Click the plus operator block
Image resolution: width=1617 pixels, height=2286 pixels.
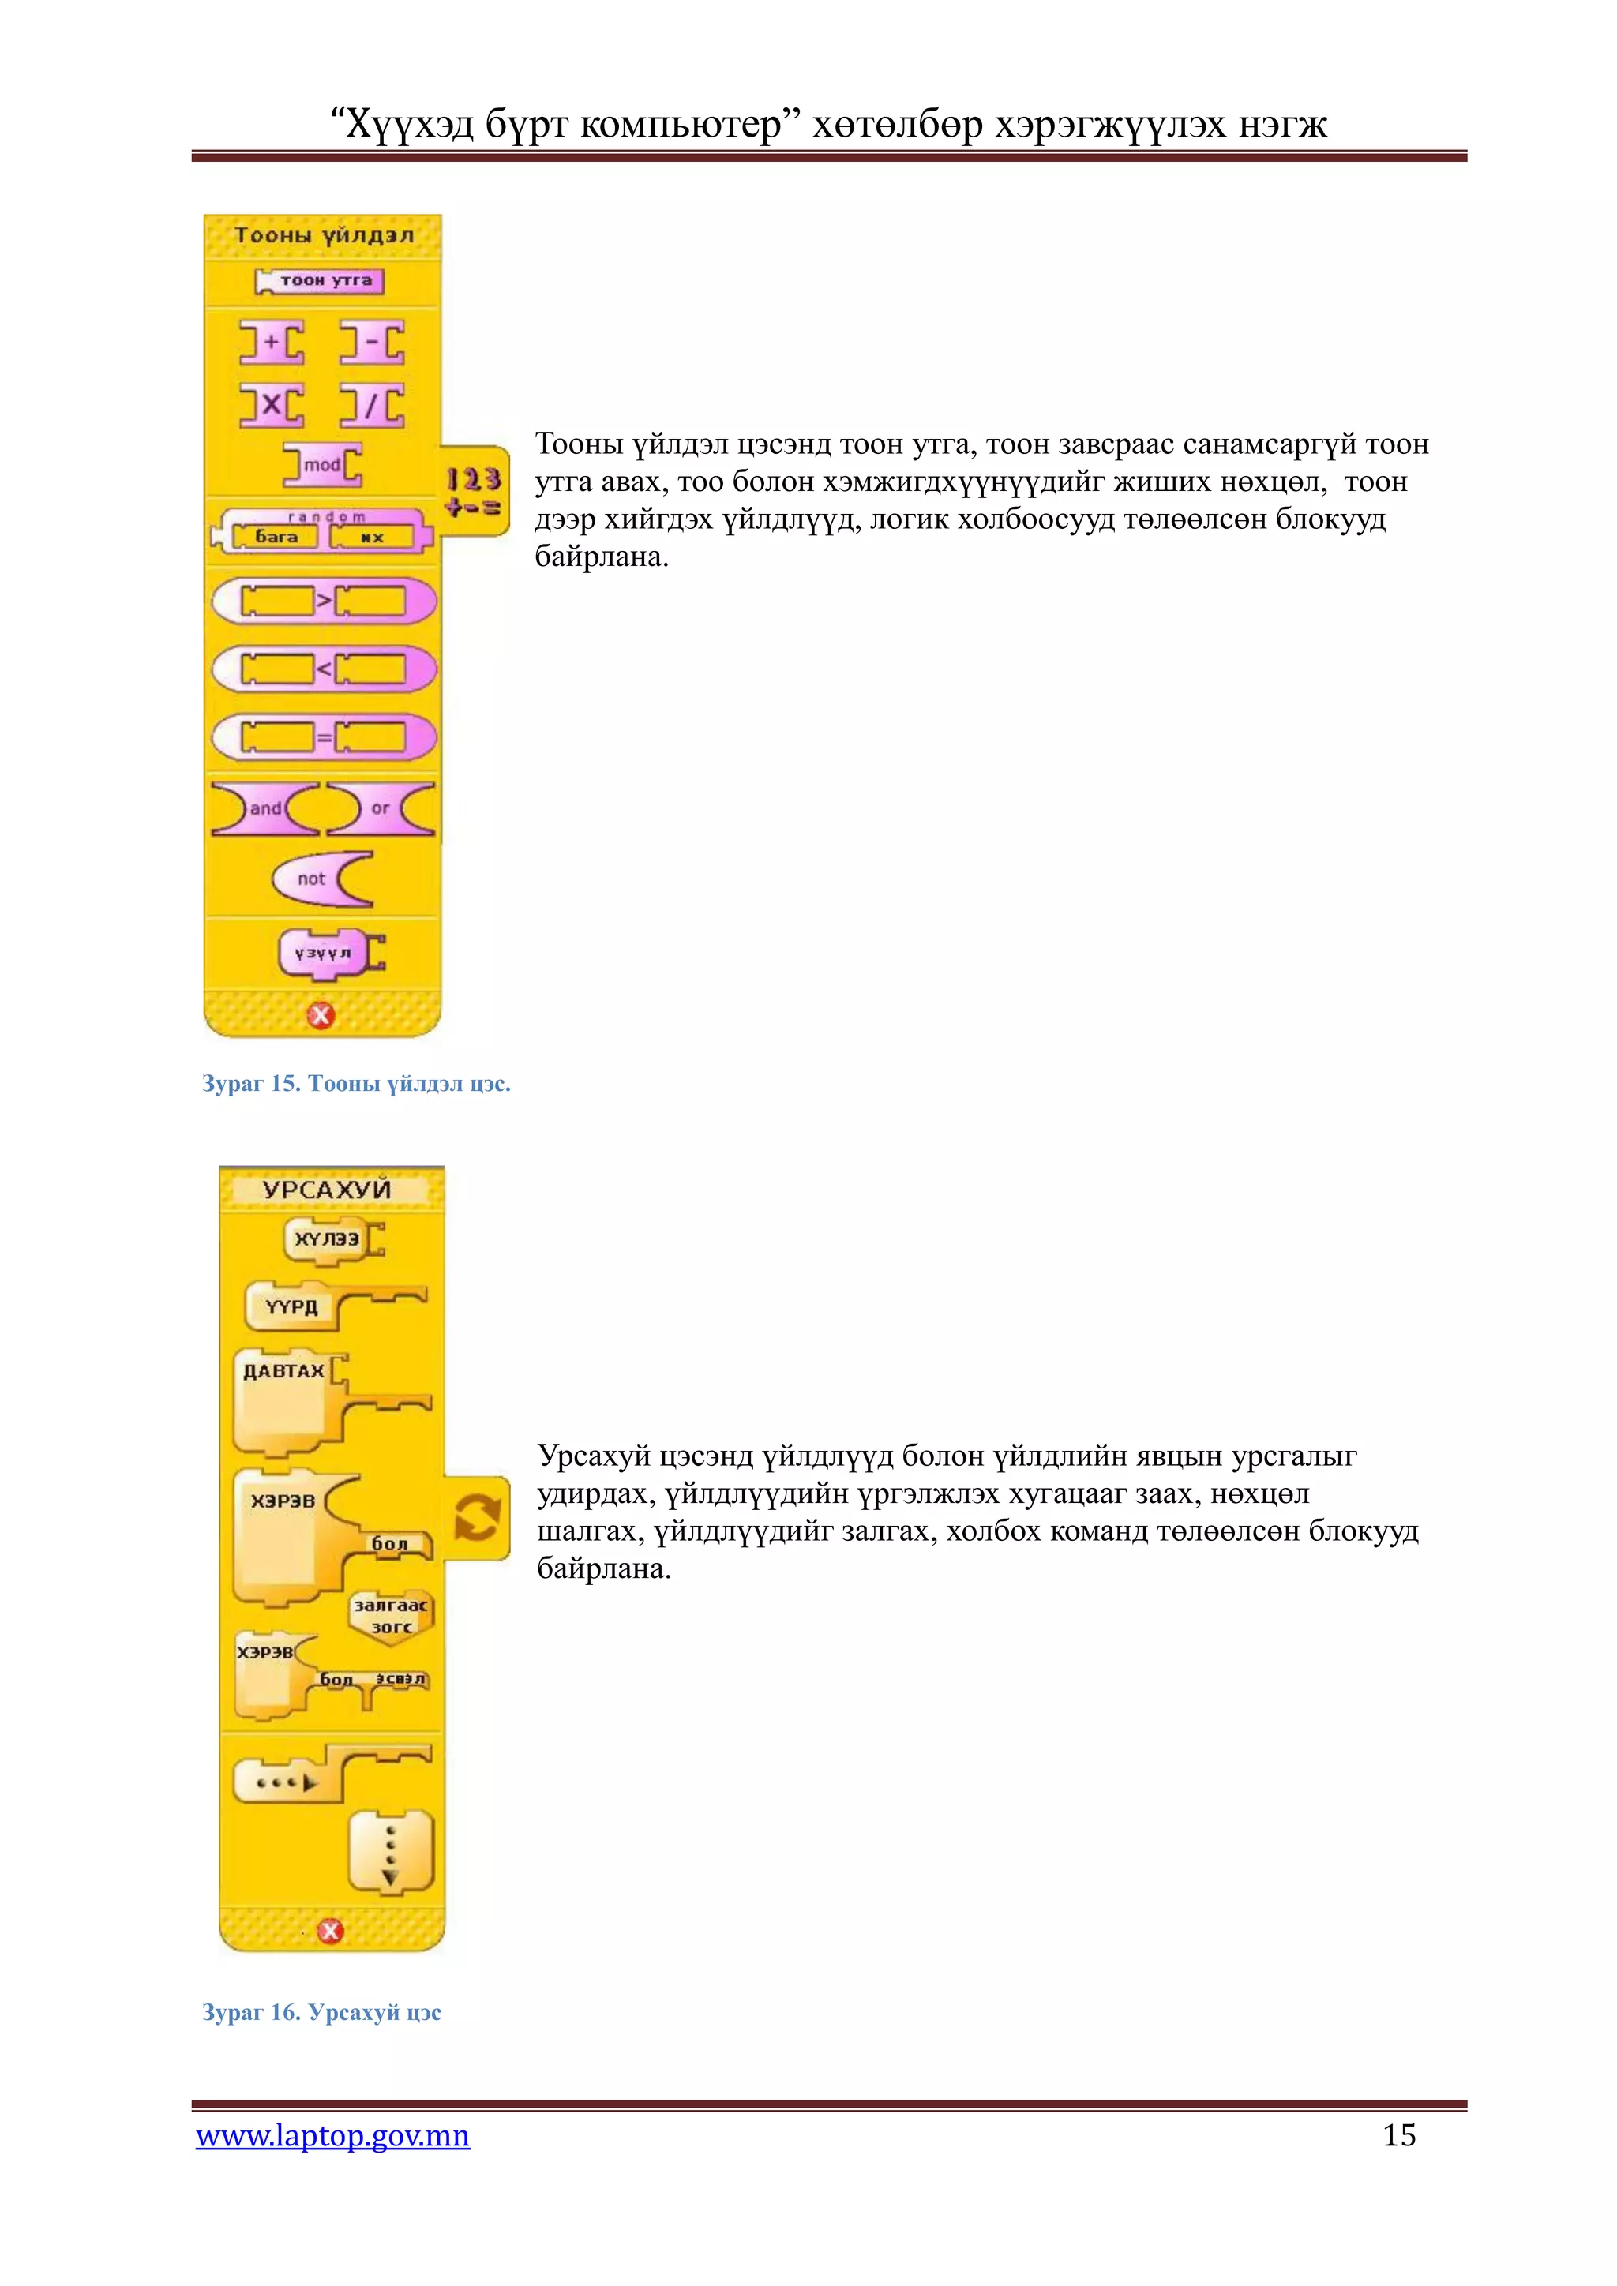tap(271, 342)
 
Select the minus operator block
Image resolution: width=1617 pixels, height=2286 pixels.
tap(371, 342)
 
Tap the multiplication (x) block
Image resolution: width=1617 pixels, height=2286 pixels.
tap(271, 405)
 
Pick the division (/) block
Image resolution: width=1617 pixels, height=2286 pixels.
tap(371, 405)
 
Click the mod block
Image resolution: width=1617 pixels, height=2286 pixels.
tap(321, 465)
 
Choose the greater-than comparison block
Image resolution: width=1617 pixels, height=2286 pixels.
tap(324, 601)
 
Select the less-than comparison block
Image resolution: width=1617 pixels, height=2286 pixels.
tap(324, 669)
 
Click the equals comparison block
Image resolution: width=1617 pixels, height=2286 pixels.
tap(324, 738)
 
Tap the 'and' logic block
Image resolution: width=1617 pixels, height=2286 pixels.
tap(264, 808)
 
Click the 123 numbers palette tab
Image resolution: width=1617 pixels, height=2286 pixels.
tap(474, 492)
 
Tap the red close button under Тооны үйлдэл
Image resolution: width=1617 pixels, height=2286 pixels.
tap(321, 1016)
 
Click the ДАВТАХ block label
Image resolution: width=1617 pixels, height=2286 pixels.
tap(283, 1371)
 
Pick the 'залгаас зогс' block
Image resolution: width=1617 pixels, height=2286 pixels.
tap(392, 1616)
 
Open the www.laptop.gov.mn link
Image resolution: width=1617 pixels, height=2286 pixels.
tap(332, 2136)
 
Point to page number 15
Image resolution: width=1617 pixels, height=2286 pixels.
tap(1399, 2134)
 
